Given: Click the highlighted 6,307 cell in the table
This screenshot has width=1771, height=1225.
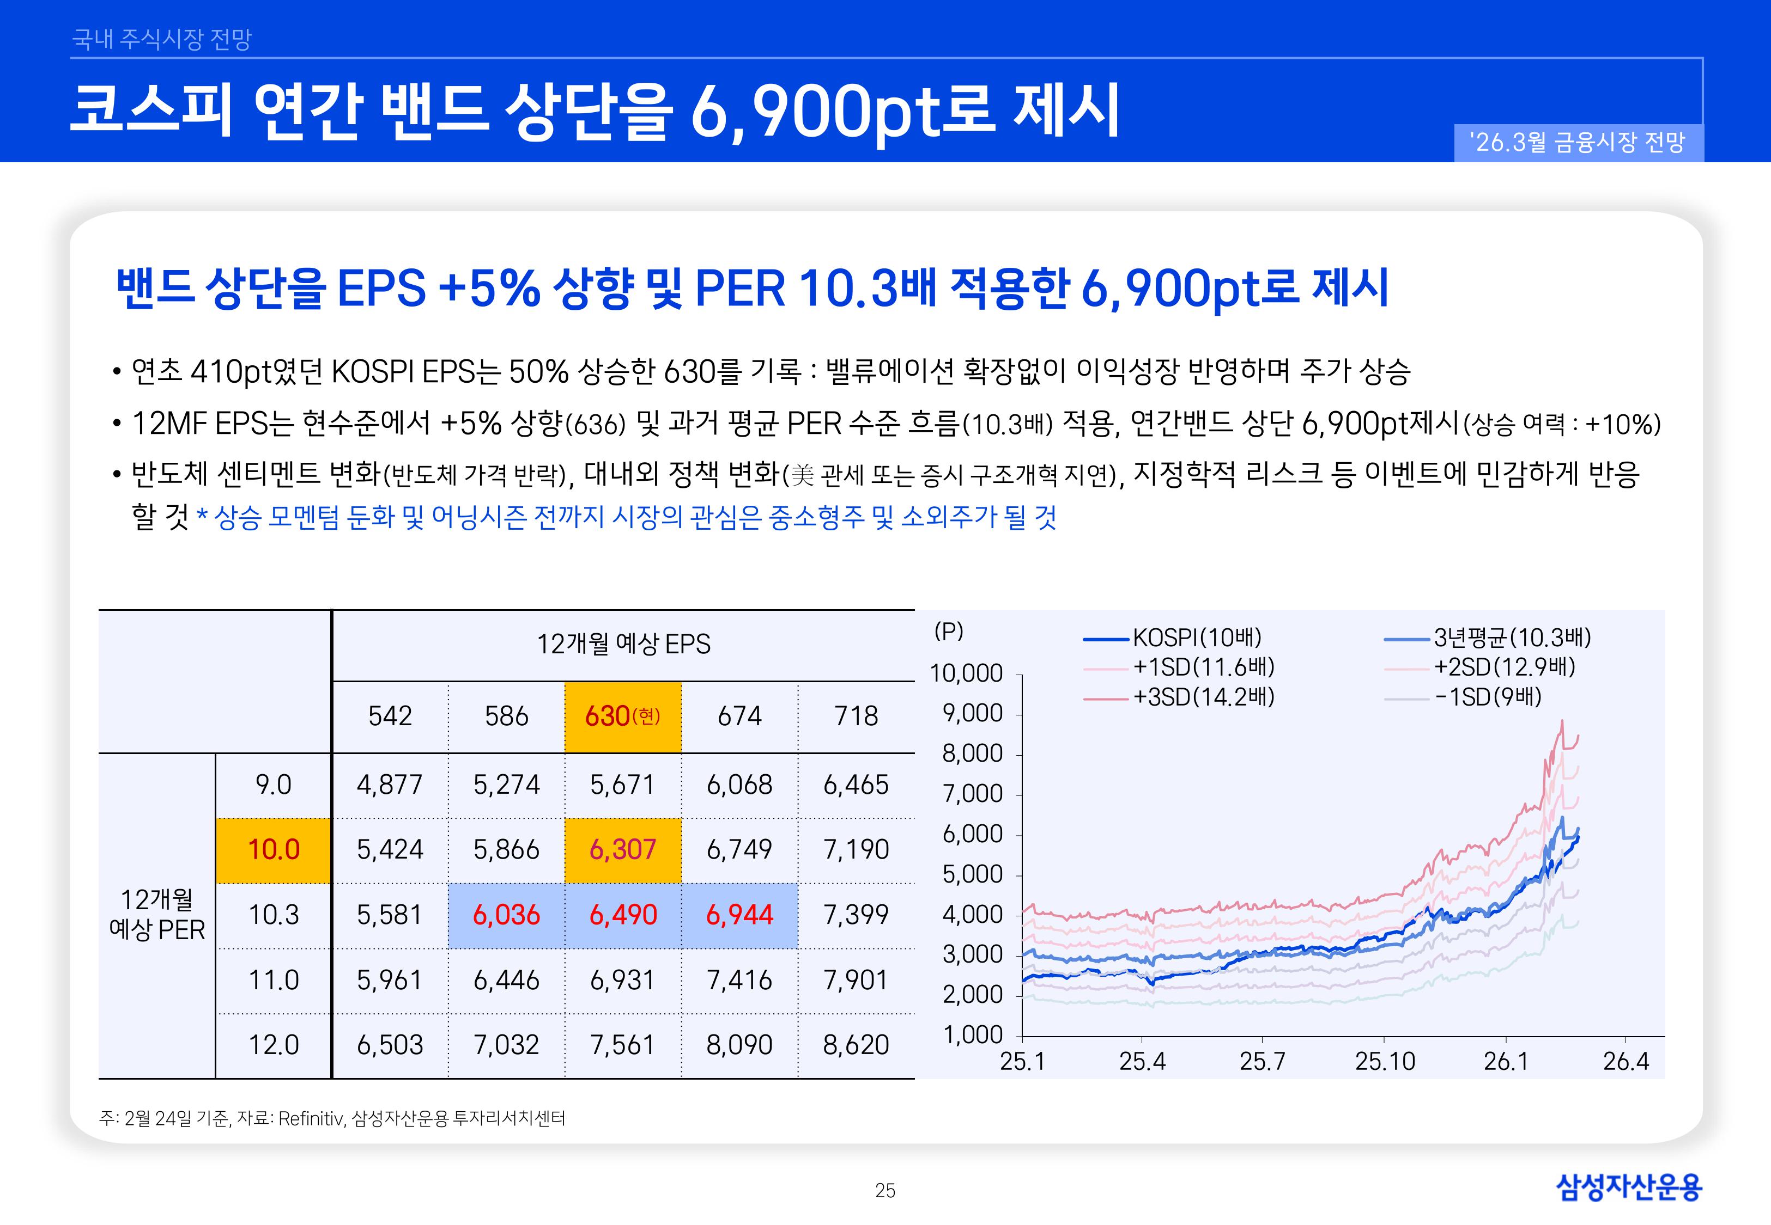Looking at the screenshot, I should point(623,850).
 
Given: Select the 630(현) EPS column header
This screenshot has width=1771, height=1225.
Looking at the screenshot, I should point(623,716).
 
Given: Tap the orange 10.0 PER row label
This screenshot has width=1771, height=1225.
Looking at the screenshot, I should point(274,850).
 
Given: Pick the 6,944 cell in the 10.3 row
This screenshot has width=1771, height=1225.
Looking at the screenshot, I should point(739,915).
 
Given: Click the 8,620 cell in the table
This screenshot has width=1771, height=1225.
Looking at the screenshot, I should point(856,1045).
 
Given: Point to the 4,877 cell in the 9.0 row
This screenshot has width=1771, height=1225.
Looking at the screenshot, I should point(390,785).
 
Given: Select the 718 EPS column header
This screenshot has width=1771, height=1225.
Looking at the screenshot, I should point(856,716).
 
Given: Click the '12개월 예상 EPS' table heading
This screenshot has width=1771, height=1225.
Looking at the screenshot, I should point(623,644).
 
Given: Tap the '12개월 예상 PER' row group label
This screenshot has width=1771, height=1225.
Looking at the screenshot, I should point(157,915).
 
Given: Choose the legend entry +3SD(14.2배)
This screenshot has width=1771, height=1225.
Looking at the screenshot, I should point(1203,697).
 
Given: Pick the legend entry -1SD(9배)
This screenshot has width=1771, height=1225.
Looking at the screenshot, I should point(1488,697).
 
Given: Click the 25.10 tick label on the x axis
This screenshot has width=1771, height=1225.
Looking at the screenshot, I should point(1384,1062).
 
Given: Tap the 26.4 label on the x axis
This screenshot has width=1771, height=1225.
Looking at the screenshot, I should point(1625,1062).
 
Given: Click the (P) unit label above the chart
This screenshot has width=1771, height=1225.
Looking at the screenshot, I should point(949,631).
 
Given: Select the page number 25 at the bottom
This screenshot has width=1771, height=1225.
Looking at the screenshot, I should point(885,1191).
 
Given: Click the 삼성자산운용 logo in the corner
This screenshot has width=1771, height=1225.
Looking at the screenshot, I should point(1628,1187).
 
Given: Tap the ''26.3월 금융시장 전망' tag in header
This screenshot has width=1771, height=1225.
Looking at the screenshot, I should point(1578,143).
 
